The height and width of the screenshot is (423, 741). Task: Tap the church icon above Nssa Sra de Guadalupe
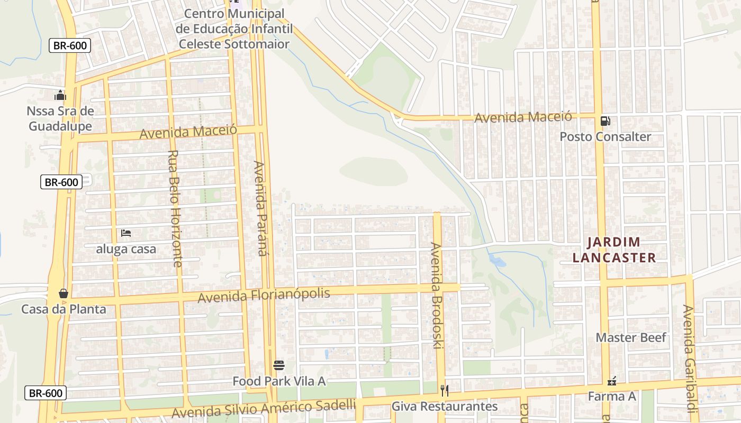(x=60, y=96)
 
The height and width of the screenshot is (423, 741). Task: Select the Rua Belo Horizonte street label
(x=175, y=208)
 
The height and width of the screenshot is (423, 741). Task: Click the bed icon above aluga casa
(x=126, y=233)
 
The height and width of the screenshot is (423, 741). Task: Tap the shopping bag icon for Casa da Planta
(x=64, y=293)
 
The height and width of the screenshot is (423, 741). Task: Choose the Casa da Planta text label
(x=64, y=309)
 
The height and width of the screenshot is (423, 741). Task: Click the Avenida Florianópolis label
(x=264, y=295)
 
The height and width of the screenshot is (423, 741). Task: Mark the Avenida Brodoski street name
(x=436, y=296)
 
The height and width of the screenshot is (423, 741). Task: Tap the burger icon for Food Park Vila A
(x=279, y=365)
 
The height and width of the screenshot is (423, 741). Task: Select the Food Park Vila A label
(x=279, y=381)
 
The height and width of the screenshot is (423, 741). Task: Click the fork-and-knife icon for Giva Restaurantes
(x=445, y=391)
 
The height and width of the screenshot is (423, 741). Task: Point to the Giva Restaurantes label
(x=445, y=406)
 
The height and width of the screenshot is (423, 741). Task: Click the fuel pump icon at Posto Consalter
(x=606, y=121)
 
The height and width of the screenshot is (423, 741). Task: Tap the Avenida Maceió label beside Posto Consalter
(x=523, y=117)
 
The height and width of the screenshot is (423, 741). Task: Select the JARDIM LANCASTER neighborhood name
(x=621, y=250)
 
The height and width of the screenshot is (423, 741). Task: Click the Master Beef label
(x=631, y=337)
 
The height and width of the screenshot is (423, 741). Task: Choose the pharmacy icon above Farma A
(x=612, y=381)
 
